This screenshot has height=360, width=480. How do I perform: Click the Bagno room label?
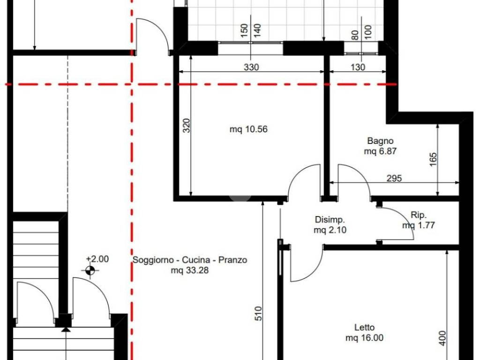380,141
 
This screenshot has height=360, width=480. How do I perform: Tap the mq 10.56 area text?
248,129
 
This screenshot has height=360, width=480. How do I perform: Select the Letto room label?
364,327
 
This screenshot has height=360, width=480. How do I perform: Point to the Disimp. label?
330,219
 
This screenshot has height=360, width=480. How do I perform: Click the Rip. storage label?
419,215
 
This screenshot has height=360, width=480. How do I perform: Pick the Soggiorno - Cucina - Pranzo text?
190,260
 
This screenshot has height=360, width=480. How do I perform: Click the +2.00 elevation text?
97,259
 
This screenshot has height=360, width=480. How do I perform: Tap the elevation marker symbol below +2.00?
90,270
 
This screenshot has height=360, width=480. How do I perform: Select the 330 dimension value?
251,67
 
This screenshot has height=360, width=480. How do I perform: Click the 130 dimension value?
358,67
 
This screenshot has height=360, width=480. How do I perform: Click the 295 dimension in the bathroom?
394,178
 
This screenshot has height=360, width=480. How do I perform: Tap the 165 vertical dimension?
433,159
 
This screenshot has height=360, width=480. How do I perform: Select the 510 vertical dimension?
258,314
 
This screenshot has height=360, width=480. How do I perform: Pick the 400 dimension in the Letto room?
442,338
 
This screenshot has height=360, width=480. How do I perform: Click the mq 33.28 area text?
190,270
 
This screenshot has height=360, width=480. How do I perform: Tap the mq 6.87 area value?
380,151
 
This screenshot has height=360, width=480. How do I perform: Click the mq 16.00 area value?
364,337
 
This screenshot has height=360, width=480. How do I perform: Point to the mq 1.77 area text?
419,225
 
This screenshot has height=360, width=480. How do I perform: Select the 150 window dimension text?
244,30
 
